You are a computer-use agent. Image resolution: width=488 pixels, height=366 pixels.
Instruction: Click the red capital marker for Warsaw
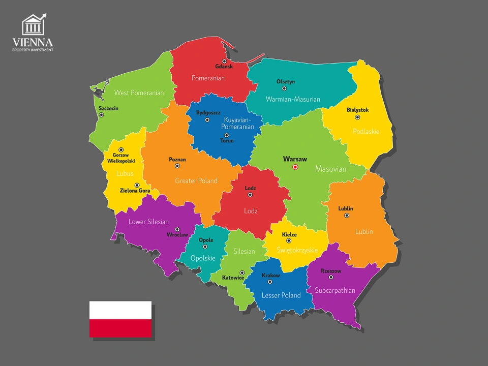pyautogui.click(x=295, y=167)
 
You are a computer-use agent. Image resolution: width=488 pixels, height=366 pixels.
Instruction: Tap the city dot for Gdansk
pyautogui.click(x=224, y=61)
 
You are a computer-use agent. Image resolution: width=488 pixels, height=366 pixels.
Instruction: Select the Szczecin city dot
pyautogui.click(x=101, y=115)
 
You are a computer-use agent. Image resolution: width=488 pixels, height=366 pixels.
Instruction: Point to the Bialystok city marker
pyautogui.click(x=357, y=117)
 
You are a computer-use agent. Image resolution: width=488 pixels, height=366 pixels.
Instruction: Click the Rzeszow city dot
pyautogui.click(x=331, y=277)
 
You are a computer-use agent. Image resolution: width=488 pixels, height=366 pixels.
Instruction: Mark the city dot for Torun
pyautogui.click(x=227, y=135)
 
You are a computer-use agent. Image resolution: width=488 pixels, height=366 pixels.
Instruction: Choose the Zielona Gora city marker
pyautogui.click(x=137, y=185)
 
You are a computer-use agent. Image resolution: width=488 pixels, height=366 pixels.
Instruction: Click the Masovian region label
pyautogui.click(x=330, y=169)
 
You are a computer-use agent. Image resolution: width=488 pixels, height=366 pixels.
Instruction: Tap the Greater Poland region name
pyautogui.click(x=196, y=180)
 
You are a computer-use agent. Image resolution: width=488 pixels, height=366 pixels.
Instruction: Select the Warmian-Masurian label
pyautogui.click(x=293, y=99)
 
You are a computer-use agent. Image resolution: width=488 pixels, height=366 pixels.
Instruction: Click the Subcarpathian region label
pyautogui.click(x=335, y=291)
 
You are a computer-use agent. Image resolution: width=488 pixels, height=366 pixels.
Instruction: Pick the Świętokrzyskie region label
pyautogui.click(x=297, y=250)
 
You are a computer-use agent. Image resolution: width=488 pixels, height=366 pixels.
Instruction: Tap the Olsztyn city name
pyautogui.click(x=285, y=81)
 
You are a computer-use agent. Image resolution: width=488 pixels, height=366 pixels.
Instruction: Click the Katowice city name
pyautogui.click(x=233, y=278)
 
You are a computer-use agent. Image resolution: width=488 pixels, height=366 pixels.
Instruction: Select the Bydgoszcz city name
pyautogui.click(x=208, y=112)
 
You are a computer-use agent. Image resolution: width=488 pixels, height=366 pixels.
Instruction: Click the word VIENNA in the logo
pyautogui.click(x=33, y=43)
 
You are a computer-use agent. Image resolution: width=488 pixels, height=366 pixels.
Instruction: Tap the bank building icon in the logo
pyautogui.click(x=33, y=25)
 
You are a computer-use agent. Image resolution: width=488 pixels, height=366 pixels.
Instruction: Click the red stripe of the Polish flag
pyautogui.click(x=120, y=328)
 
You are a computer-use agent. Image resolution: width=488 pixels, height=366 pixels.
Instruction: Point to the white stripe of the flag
pyautogui.click(x=120, y=310)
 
